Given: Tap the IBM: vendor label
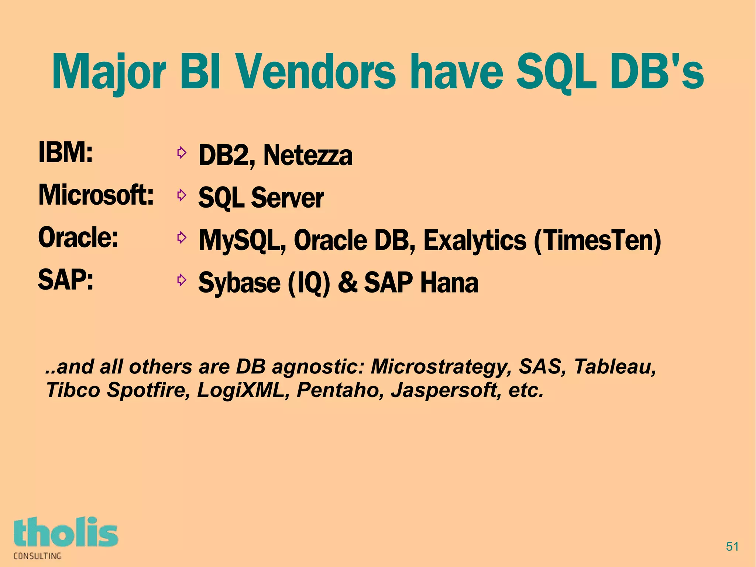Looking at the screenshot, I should click(65, 152).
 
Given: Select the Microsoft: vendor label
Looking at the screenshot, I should click(96, 195).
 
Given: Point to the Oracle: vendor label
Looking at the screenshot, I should click(78, 237).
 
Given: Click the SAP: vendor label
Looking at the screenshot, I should click(66, 280).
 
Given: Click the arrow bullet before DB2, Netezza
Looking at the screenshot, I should click(181, 153).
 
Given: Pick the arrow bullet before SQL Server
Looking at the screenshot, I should click(181, 195).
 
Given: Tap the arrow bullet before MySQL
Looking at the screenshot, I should click(181, 238).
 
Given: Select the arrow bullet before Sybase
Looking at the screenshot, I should click(181, 280).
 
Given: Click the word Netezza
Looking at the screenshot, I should click(308, 155).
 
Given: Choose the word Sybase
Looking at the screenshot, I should click(239, 283).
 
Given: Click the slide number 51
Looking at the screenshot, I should click(732, 546).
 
